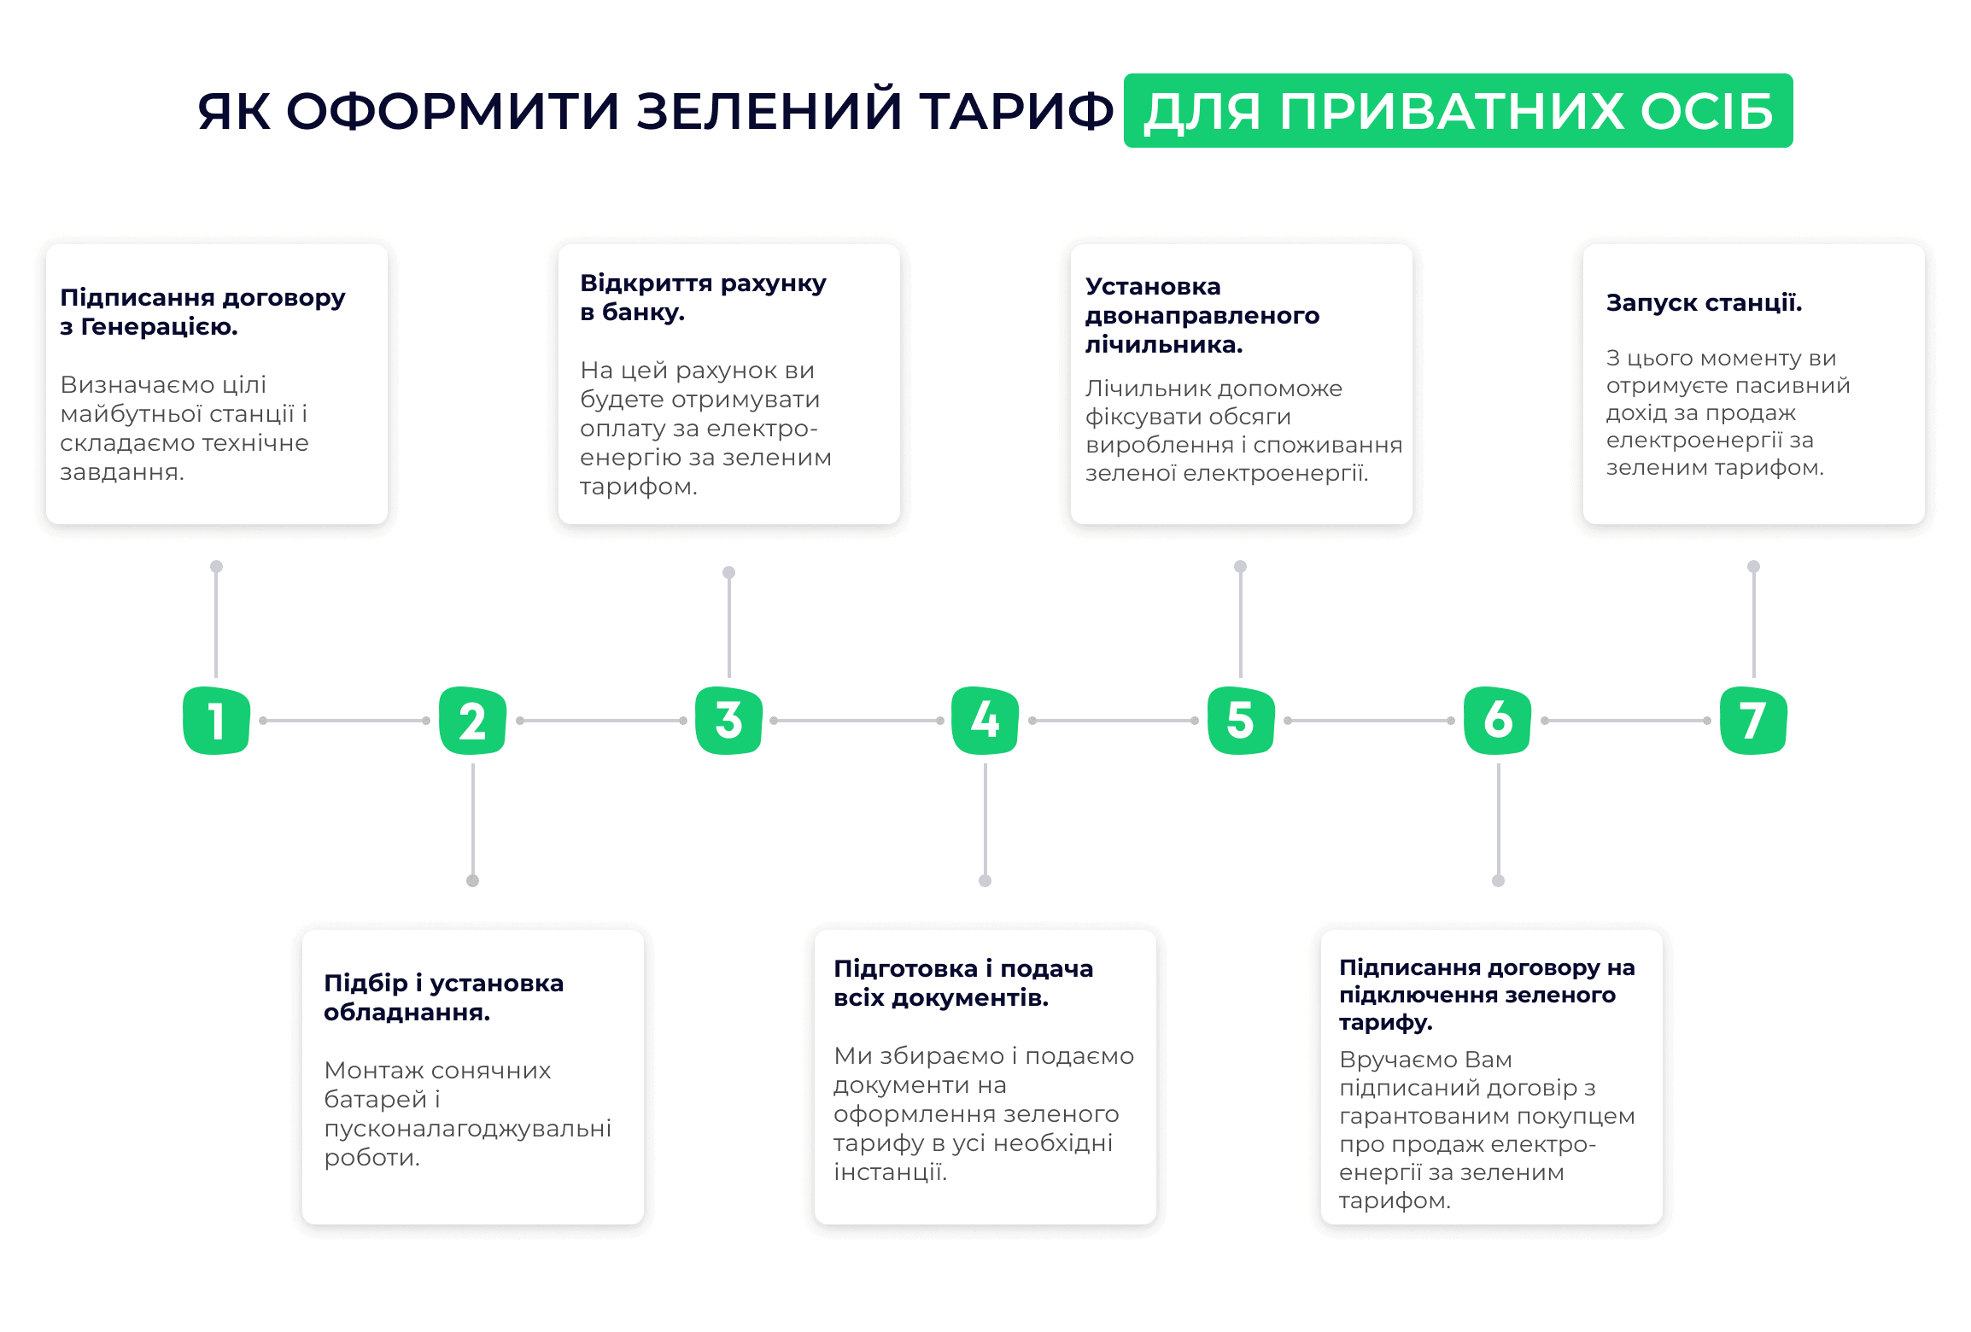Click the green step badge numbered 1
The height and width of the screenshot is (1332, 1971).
[216, 720]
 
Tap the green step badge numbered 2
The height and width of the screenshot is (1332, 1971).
[472, 720]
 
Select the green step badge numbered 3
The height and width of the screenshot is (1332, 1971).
[728, 720]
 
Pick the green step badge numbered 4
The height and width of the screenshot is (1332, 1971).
[985, 720]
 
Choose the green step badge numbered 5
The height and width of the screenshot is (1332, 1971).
[1241, 720]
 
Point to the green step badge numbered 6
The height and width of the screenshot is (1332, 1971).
[1497, 720]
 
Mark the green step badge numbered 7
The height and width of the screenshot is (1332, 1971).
[1753, 720]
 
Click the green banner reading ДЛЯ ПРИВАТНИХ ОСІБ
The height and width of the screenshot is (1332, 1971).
[1458, 111]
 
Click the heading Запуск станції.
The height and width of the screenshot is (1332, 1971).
[1704, 303]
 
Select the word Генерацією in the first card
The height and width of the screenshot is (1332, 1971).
[159, 327]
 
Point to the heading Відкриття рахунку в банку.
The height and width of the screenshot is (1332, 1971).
[703, 297]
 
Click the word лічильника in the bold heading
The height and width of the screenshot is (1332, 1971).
[1164, 345]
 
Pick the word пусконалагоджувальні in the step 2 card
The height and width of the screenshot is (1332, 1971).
[468, 1129]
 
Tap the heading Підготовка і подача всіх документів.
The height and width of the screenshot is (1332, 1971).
[963, 983]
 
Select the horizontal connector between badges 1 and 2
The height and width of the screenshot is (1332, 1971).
[344, 721]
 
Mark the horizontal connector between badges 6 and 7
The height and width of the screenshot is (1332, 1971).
[1625, 721]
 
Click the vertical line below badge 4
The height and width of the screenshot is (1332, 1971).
[985, 820]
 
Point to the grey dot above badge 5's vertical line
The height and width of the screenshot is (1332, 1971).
[1241, 566]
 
